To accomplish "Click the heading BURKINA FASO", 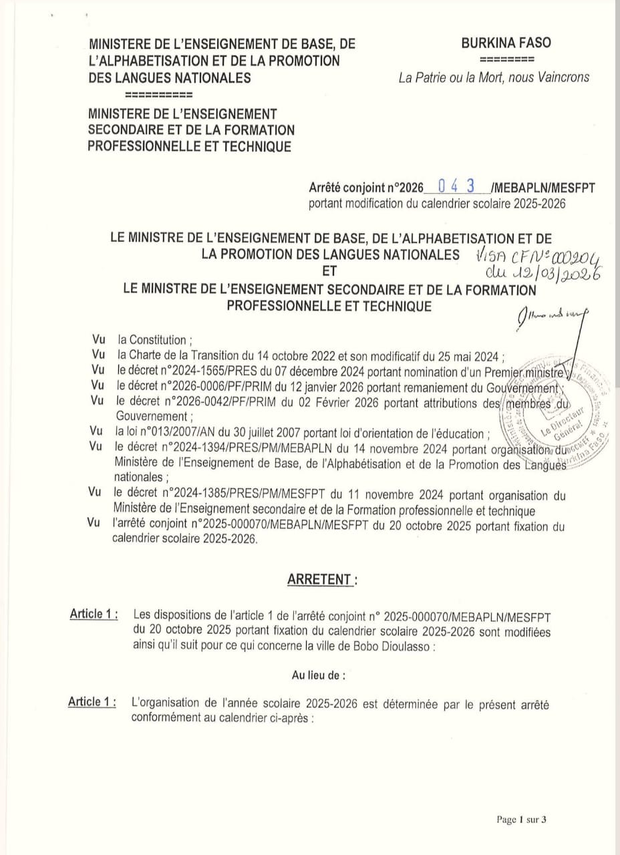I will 506,43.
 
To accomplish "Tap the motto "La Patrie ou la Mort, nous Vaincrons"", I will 494,77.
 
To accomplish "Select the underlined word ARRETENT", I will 319,580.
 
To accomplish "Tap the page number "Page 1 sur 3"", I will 522,820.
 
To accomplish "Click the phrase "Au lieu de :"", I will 319,675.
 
